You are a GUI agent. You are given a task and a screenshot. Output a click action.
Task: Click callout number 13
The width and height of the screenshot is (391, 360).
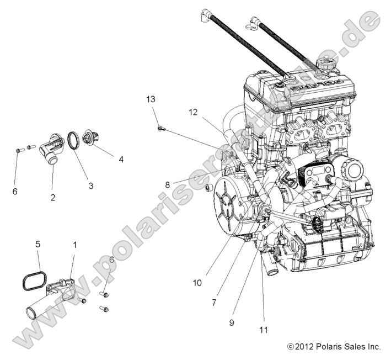click(x=151, y=99)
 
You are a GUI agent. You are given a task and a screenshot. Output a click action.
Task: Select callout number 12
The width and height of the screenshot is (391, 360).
click(x=192, y=112)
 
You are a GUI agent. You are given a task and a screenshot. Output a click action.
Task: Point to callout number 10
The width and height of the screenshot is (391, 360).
click(x=197, y=282)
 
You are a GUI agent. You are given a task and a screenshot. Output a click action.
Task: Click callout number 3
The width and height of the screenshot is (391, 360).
click(x=91, y=186)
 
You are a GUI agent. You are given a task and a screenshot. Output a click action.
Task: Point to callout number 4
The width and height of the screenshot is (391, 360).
click(x=121, y=160)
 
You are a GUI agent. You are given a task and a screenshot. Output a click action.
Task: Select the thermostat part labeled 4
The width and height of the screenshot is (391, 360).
click(x=89, y=136)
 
